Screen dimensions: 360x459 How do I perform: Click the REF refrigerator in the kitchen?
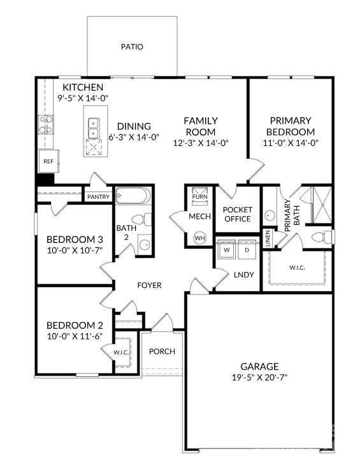pyautogui.click(x=49, y=161)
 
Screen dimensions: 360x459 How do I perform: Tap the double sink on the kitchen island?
pyautogui.click(x=94, y=128)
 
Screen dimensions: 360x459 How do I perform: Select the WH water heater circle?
pyautogui.click(x=199, y=238)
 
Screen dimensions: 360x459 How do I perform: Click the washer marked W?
pyautogui.click(x=226, y=249)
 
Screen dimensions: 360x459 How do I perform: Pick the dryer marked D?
pyautogui.click(x=247, y=249)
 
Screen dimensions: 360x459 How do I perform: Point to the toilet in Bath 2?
pyautogui.click(x=141, y=219)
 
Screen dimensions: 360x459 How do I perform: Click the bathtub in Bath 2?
pyautogui.click(x=133, y=196)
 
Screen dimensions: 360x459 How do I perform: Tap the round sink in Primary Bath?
pyautogui.click(x=270, y=215)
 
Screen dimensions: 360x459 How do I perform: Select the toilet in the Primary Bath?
pyautogui.click(x=322, y=237)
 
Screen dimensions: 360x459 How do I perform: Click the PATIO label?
pyautogui.click(x=132, y=47)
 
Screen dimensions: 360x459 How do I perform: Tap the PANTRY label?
pyautogui.click(x=98, y=197)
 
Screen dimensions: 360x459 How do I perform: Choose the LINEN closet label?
pyautogui.click(x=268, y=238)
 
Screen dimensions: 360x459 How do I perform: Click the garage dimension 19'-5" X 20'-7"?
pyautogui.click(x=259, y=377)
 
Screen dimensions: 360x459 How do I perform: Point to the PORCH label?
pyautogui.click(x=162, y=351)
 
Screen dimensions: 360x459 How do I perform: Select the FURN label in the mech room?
pyautogui.click(x=199, y=196)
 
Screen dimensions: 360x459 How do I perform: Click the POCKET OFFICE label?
pyautogui.click(x=238, y=214)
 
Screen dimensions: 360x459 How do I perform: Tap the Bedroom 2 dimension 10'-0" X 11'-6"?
pyautogui.click(x=75, y=336)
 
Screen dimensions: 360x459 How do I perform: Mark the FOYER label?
pyautogui.click(x=149, y=285)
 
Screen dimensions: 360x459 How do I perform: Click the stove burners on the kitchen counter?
pyautogui.click(x=46, y=124)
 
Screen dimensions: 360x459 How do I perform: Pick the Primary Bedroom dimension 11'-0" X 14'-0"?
pyautogui.click(x=291, y=143)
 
